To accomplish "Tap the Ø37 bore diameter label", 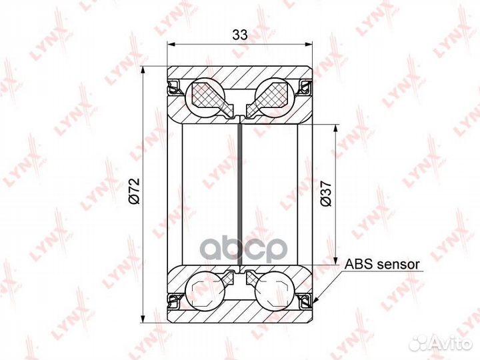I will coord(326,193).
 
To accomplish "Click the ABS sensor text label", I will coord(382,264).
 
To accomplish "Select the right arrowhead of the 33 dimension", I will coord(310,45).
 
